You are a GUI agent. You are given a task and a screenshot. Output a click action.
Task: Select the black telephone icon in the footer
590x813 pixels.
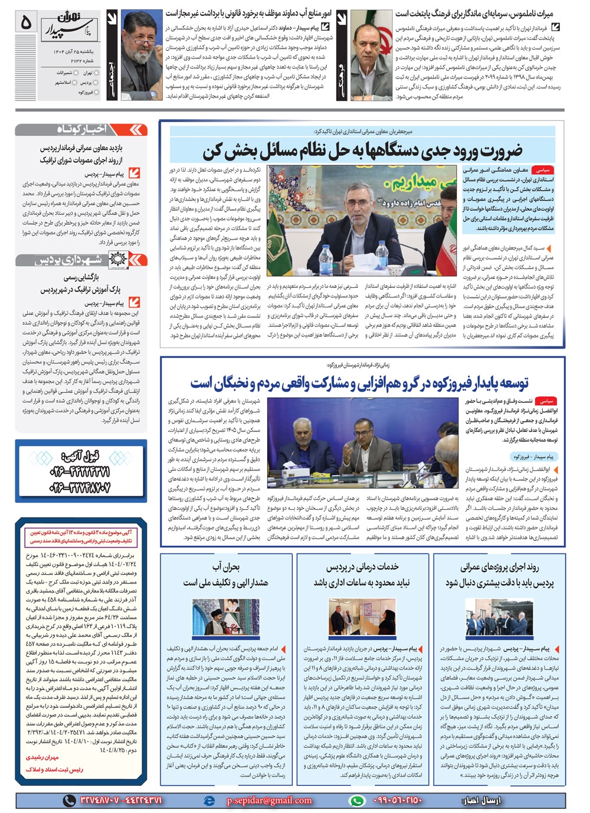pyautogui.click(x=70, y=800)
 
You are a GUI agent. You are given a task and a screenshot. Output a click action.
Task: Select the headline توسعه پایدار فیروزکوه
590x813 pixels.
pyautogui.click(x=359, y=383)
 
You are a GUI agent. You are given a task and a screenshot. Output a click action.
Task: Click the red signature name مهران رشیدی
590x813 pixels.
pyautogui.click(x=42, y=757)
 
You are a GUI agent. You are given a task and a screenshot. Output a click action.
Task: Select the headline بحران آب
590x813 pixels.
pyautogui.click(x=226, y=567)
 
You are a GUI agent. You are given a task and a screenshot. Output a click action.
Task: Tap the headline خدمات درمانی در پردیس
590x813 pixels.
pyautogui.click(x=362, y=567)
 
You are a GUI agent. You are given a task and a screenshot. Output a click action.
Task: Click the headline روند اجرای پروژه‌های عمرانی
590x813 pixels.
pyautogui.click(x=499, y=567)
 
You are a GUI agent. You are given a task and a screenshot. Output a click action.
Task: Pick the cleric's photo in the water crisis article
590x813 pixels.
pyautogui.click(x=225, y=618)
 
